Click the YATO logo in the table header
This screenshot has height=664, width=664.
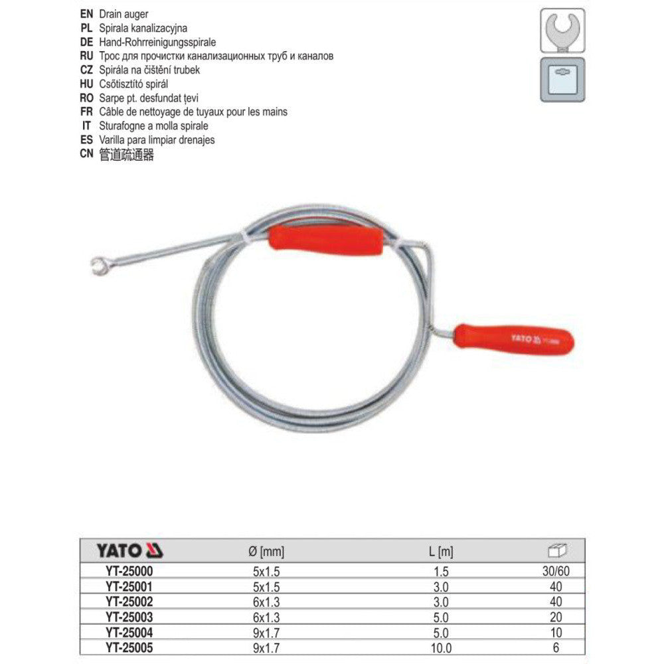point(130,550)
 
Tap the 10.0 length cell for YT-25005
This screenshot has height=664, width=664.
point(441,645)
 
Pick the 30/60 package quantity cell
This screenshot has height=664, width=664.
point(556,570)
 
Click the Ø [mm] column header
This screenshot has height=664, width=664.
point(265,551)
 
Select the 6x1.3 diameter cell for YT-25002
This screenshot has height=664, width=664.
point(265,602)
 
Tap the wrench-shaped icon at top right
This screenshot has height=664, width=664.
point(562,30)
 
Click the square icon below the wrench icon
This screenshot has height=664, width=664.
point(562,80)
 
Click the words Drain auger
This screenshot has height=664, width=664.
point(124,13)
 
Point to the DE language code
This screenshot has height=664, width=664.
point(85,41)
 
